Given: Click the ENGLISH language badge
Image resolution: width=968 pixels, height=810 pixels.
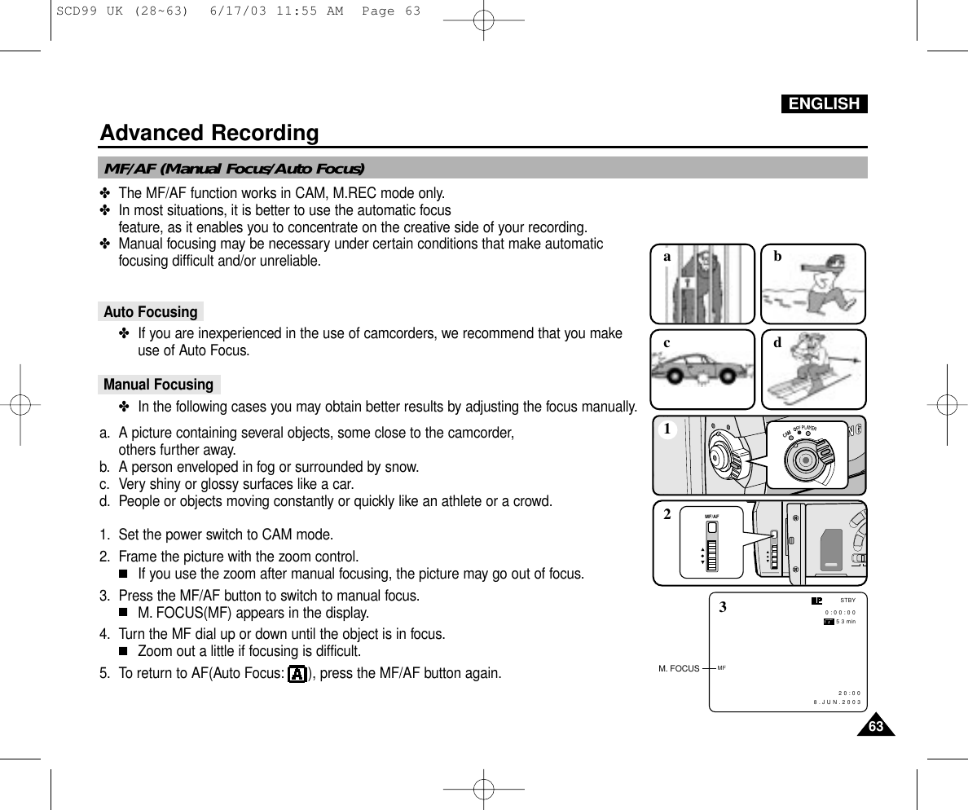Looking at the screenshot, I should [824, 103].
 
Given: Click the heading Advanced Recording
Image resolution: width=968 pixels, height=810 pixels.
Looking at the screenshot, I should [209, 132].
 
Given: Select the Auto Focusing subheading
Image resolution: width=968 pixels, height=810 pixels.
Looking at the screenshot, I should [151, 312].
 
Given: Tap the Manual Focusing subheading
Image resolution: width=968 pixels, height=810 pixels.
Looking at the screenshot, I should [159, 385].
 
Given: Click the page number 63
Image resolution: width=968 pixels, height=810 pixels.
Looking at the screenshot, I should [875, 726].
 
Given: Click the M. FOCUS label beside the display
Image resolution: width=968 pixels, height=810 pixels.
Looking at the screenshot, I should [679, 668].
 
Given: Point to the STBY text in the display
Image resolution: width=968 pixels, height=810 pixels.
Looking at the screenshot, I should [847, 601].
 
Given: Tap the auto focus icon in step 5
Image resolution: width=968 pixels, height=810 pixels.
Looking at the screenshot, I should [297, 674].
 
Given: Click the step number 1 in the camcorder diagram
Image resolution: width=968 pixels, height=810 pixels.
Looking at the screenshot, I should [667, 429].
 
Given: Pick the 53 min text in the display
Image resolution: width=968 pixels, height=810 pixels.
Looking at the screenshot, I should [846, 622].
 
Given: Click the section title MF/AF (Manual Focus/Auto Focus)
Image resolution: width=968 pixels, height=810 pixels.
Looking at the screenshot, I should [234, 169].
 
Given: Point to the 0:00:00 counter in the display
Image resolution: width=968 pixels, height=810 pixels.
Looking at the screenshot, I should [840, 612].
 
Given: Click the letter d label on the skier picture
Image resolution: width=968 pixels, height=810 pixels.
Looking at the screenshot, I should [777, 343].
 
